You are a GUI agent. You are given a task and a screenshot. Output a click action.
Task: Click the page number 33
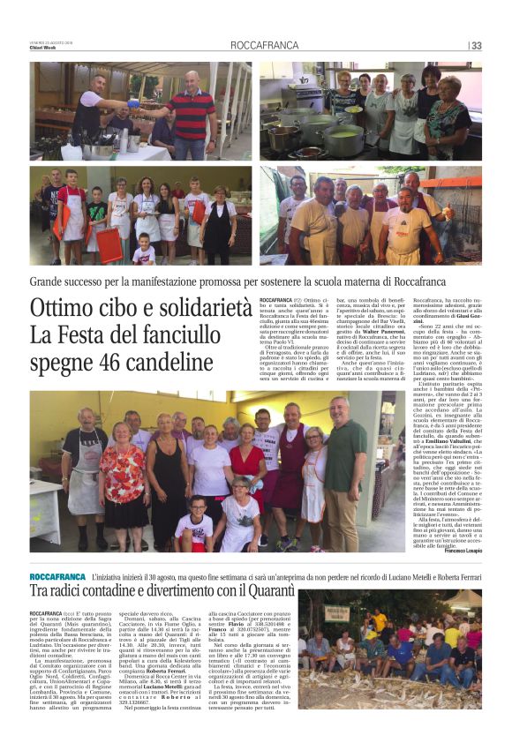click(x=476, y=46)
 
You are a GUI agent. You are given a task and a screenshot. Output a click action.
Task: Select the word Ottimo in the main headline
click(x=68, y=310)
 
